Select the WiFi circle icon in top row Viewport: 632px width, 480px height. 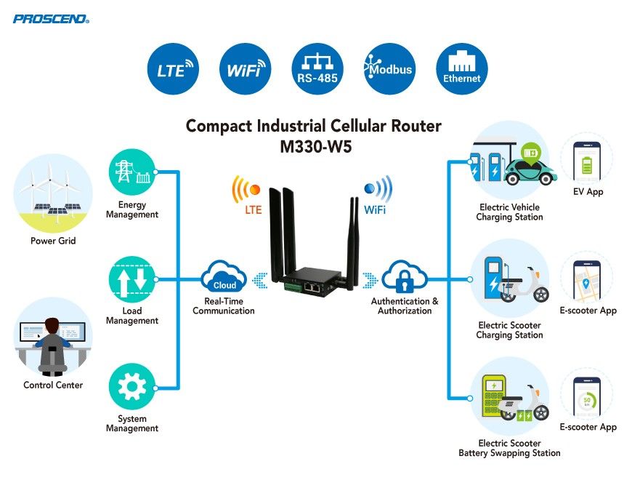click(x=245, y=70)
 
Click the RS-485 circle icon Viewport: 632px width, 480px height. click(x=317, y=70)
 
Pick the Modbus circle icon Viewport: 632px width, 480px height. click(x=389, y=70)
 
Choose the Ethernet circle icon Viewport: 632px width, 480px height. click(x=461, y=70)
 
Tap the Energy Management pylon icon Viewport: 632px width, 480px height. click(x=131, y=172)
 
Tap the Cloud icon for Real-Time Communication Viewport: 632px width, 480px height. click(x=224, y=278)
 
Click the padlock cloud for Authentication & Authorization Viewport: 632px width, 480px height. click(x=403, y=277)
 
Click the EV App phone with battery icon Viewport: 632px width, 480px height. click(x=587, y=159)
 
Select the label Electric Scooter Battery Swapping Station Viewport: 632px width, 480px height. click(x=509, y=448)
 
